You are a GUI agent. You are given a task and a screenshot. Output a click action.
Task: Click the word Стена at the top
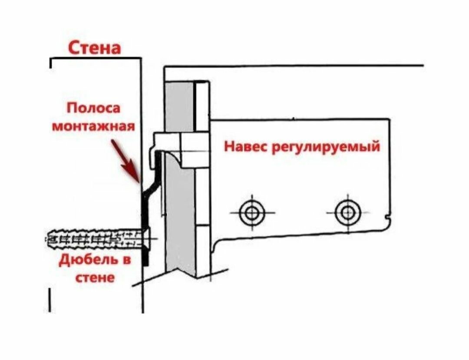point(95,48)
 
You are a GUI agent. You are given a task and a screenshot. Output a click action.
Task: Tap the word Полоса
point(93,108)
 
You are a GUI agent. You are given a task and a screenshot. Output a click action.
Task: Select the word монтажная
point(94,126)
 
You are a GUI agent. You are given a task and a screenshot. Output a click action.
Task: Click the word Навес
point(245,146)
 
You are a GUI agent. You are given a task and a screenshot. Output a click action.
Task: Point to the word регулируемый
point(326,147)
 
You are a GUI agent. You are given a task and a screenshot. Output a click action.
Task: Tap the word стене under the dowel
point(95,278)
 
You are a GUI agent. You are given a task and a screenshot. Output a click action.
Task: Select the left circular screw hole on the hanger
point(252,213)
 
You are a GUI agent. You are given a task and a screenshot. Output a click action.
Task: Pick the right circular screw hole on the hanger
point(348,213)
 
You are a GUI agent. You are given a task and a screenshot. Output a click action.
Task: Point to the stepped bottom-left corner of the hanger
point(216,246)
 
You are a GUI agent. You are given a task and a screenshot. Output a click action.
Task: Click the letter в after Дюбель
point(127,259)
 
